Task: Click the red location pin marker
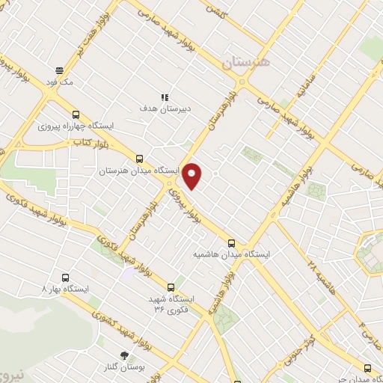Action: pyautogui.click(x=193, y=177)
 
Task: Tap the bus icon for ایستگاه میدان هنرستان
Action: pyautogui.click(x=139, y=159)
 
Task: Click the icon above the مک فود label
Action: pyautogui.click(x=58, y=71)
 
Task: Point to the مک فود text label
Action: pyautogui.click(x=58, y=83)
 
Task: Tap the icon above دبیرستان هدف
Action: pyautogui.click(x=165, y=96)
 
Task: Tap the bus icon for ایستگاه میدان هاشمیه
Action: pyautogui.click(x=231, y=242)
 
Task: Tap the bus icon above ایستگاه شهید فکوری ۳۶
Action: pyautogui.click(x=171, y=287)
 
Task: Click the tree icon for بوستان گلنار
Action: pyautogui.click(x=124, y=355)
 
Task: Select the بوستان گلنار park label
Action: pyautogui.click(x=124, y=367)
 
